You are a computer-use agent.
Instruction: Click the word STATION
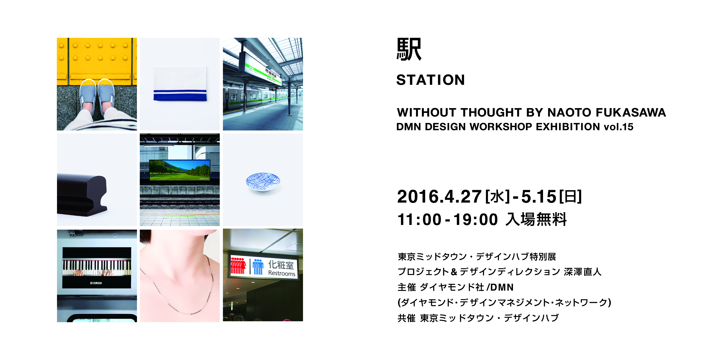[430, 80]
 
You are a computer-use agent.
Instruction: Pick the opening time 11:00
[419, 220]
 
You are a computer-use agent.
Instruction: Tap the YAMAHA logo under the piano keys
[96, 283]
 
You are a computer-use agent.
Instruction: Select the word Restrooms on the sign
[282, 273]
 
